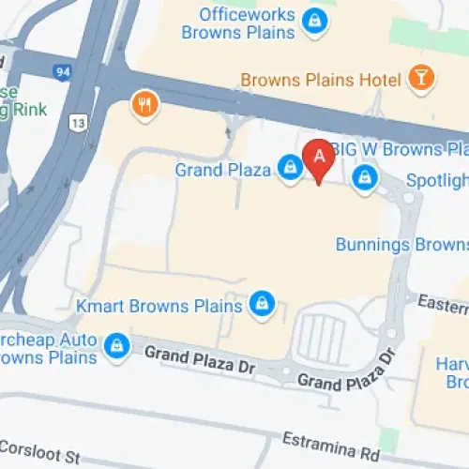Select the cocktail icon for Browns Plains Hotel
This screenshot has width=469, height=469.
point(420,79)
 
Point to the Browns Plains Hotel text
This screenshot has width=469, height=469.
point(321,80)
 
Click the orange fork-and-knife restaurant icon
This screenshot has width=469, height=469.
point(144,104)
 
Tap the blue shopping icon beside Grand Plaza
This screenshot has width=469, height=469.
point(290,169)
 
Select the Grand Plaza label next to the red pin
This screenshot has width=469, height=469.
point(223,170)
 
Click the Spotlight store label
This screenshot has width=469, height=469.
point(436,179)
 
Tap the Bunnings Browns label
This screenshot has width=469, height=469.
point(401,244)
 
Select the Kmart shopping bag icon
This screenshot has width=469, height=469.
point(263,303)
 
